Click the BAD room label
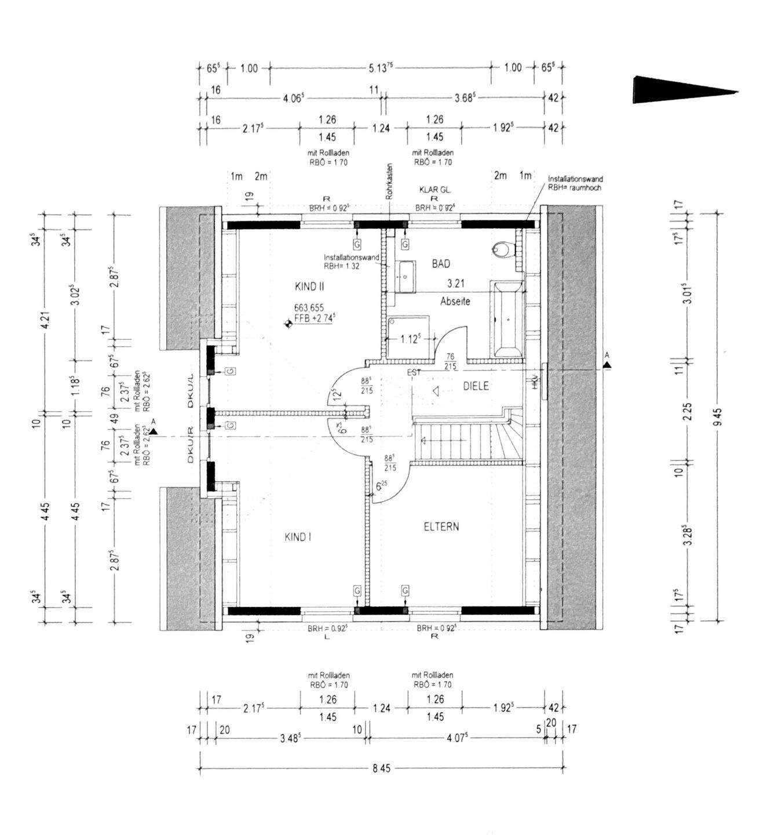point(441,264)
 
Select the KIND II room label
point(309,286)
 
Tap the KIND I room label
point(298,538)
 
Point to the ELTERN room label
point(441,527)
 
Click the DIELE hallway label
point(476,386)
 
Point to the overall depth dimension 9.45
point(717,416)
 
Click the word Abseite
point(455,302)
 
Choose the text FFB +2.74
point(315,318)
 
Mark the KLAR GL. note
point(435,190)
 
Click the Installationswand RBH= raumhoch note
point(575,184)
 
